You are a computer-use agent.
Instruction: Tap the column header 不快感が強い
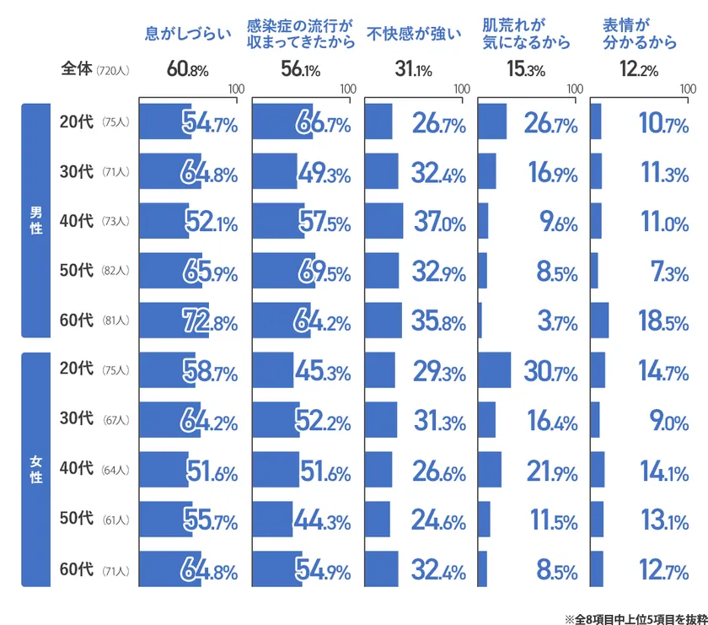[415, 35]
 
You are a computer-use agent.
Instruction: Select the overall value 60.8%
[189, 70]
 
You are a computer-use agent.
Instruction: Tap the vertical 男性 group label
[35, 220]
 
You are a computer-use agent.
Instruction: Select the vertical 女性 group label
[35, 469]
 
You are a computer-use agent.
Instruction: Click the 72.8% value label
[210, 321]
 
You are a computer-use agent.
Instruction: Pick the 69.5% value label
[323, 271]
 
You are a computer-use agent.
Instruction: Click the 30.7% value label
[550, 370]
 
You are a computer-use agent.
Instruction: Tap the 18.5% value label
[663, 321]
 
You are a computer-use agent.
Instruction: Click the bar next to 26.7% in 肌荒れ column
[492, 121]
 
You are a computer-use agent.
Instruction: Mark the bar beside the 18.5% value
[599, 321]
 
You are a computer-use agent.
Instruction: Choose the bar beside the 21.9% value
[490, 470]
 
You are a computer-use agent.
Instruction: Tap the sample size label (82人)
[115, 271]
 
